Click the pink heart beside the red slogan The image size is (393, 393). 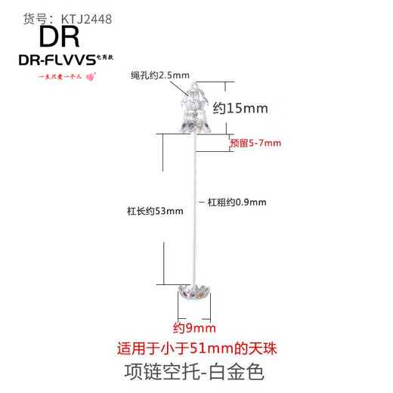tap(92, 76)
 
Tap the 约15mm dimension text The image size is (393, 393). tap(240, 108)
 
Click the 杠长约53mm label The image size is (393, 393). tap(154, 212)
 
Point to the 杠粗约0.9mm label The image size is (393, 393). tap(237, 202)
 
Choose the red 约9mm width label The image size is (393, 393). tap(195, 327)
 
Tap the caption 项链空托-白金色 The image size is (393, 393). tap(196, 371)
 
